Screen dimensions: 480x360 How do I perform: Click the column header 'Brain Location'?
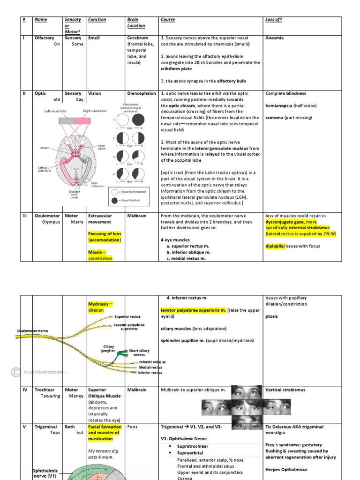(136, 22)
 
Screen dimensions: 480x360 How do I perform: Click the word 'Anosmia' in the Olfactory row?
(274, 38)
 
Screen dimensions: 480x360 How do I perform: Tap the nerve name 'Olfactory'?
(45, 38)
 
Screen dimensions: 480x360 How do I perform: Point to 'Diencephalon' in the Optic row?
(141, 93)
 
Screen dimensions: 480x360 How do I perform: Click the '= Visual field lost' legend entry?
(134, 201)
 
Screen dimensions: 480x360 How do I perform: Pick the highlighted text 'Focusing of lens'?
(104, 233)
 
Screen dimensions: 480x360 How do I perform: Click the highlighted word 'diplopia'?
(275, 246)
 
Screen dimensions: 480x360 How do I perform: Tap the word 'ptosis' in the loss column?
(271, 316)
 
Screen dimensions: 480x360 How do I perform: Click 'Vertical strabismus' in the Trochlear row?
(285, 390)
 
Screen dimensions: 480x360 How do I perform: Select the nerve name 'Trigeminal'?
(46, 427)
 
